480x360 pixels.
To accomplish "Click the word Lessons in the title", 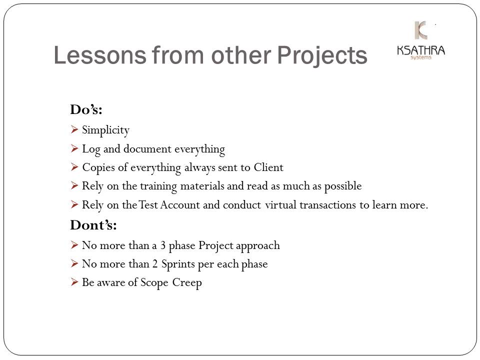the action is (100, 55).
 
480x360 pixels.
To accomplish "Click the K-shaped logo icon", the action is (421, 30).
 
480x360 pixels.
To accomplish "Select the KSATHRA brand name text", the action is (421, 50).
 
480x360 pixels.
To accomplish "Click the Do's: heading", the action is (86, 109).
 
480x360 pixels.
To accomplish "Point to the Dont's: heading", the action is (93, 225).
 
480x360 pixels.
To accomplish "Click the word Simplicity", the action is (105, 130).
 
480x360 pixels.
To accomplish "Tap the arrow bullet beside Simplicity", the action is (74, 129).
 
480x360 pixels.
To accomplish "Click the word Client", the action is (268, 167).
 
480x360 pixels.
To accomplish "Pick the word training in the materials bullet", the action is (158, 186).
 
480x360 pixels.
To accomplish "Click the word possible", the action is (343, 186).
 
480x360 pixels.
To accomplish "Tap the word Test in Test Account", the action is (148, 205).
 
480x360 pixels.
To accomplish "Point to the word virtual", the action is (280, 205).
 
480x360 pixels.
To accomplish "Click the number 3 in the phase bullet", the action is (163, 245).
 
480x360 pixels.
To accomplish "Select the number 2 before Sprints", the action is (155, 264).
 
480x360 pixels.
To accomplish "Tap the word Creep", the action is (186, 283).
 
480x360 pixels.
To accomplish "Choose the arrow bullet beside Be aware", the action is (74, 282).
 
